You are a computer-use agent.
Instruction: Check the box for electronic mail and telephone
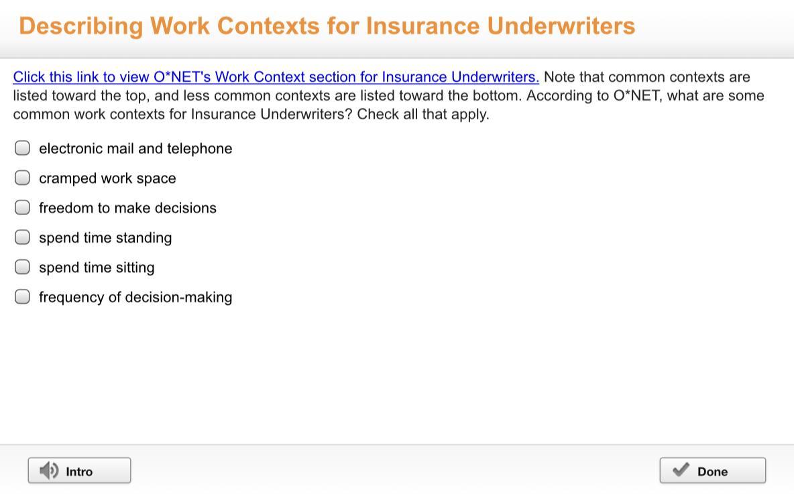click(x=22, y=147)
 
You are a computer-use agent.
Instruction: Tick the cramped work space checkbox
click(x=22, y=178)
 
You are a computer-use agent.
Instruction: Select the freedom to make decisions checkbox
click(x=22, y=208)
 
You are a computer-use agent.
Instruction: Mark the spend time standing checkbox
click(x=22, y=237)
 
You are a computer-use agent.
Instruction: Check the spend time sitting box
click(x=22, y=267)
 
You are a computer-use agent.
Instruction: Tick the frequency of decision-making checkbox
click(x=22, y=297)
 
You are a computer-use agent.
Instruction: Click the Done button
click(x=712, y=471)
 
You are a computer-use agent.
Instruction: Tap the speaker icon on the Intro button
click(x=49, y=471)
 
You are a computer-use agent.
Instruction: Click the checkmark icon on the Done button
click(x=681, y=470)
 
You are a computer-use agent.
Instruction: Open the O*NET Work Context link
click(x=276, y=77)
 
